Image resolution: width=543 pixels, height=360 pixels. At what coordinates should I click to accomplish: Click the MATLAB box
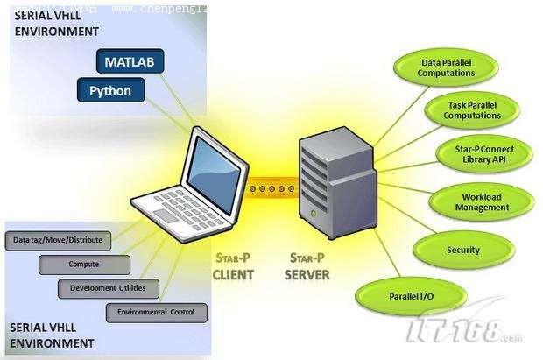pyautogui.click(x=129, y=61)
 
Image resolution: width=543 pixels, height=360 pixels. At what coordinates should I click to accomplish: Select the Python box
pyautogui.click(x=110, y=90)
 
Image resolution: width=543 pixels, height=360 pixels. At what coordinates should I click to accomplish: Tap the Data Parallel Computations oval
pyautogui.click(x=447, y=68)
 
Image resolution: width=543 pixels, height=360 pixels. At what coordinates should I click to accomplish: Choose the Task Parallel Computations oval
pyautogui.click(x=472, y=110)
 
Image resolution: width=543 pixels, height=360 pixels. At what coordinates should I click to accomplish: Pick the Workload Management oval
pyautogui.click(x=482, y=202)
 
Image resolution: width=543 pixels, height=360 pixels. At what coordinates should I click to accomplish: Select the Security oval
pyautogui.click(x=463, y=250)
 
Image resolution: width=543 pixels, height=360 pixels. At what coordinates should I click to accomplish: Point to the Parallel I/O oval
pyautogui.click(x=411, y=296)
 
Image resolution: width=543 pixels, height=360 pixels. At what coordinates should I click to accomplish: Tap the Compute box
pyautogui.click(x=84, y=264)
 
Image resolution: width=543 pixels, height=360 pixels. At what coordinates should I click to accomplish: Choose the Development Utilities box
pyautogui.click(x=102, y=287)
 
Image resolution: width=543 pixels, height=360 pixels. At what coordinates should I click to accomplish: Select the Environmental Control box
pyautogui.click(x=157, y=312)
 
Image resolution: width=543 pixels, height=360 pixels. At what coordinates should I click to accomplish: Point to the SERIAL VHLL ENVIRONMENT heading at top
pyautogui.click(x=53, y=24)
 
